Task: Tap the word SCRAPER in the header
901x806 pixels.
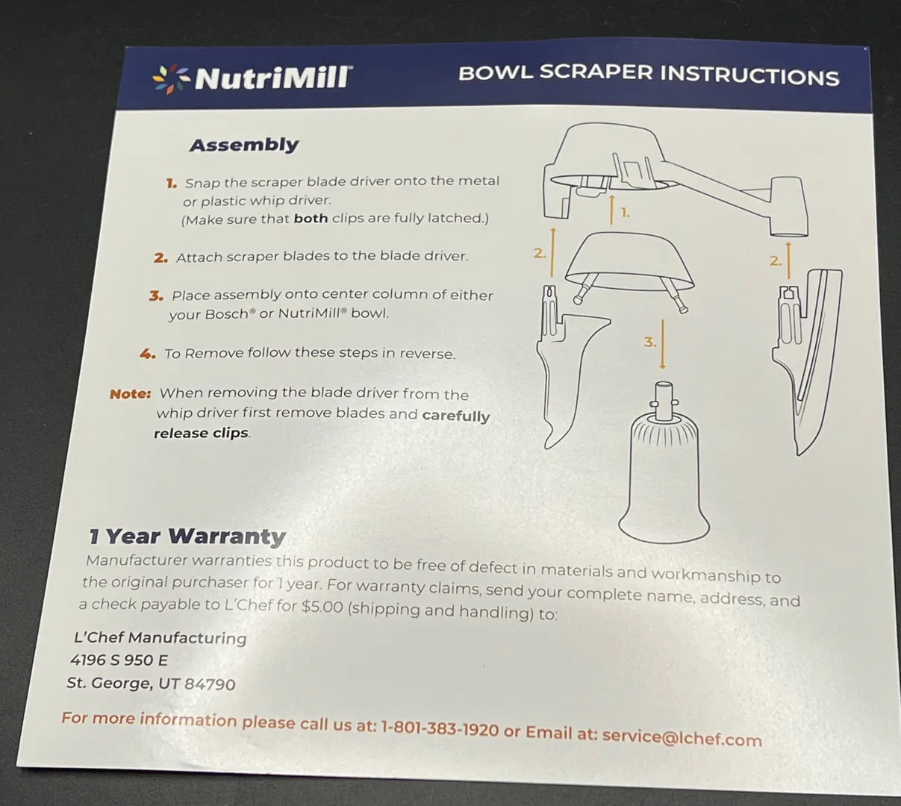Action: [x=597, y=73]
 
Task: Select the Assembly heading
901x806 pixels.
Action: [x=244, y=145]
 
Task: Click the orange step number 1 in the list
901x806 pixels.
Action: [x=171, y=183]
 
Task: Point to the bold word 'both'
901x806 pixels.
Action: [x=311, y=218]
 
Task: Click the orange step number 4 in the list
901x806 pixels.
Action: [x=148, y=354]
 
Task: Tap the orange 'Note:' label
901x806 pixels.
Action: [x=131, y=394]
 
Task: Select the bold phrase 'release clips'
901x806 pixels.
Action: [x=201, y=433]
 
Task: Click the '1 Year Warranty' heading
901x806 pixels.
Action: [x=187, y=537]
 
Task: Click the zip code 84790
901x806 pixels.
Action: [x=210, y=684]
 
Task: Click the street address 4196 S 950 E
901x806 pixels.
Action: [x=119, y=660]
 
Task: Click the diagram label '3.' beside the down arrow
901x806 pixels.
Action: [x=649, y=342]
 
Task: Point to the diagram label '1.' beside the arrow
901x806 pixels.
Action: [x=625, y=213]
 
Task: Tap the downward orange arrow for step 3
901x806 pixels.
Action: [x=663, y=345]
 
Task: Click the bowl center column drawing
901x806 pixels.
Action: [x=664, y=463]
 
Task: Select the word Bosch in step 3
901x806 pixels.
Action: [x=226, y=314]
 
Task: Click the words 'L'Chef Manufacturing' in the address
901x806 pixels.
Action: [x=160, y=638]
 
